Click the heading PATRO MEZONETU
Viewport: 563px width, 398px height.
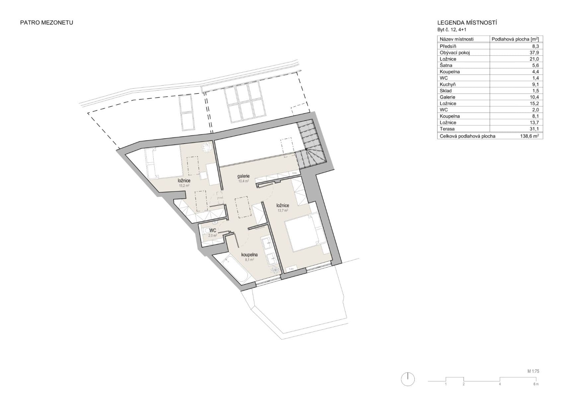click(x=46, y=23)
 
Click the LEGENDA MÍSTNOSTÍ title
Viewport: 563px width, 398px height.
click(x=467, y=23)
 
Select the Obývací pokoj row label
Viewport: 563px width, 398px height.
click(x=455, y=52)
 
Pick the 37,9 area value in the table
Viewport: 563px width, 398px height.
click(x=534, y=52)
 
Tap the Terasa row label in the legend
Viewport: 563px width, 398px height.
click(x=447, y=129)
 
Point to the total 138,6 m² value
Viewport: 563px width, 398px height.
click(x=530, y=136)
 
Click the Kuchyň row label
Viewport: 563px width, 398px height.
click(x=448, y=84)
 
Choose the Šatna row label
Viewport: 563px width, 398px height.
click(x=446, y=65)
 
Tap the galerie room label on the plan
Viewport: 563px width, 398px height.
click(x=243, y=176)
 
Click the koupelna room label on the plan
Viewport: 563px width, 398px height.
click(x=249, y=255)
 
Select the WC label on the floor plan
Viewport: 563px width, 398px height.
click(x=213, y=230)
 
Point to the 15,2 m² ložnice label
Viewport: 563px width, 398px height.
click(x=184, y=181)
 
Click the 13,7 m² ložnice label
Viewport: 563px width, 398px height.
click(x=283, y=206)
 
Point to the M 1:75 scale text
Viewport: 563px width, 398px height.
click(x=533, y=371)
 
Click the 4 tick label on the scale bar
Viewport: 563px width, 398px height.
click(x=500, y=384)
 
